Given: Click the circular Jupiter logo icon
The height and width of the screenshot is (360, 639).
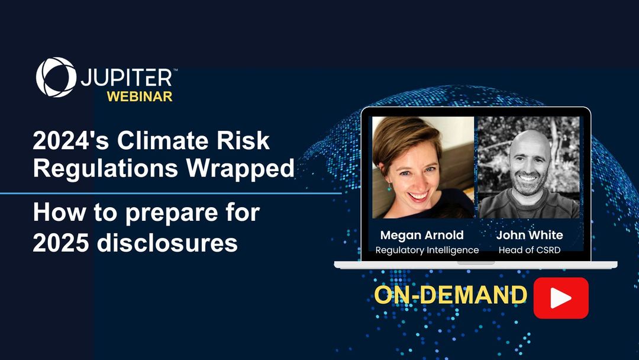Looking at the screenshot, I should pos(56,77).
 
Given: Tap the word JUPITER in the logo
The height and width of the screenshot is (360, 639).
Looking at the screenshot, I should pos(127,78).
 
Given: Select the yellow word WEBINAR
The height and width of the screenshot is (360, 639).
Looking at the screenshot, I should pos(140,97).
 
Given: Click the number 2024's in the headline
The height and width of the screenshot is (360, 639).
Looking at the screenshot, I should pos(71,141).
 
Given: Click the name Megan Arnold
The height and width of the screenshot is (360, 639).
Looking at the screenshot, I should pos(422,235).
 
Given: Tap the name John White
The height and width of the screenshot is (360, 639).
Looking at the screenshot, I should pos(530,235).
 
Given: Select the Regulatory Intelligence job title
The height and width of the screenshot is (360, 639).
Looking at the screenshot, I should pos(427,250).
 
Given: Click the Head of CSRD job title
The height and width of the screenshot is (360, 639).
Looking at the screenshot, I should pos(529,250).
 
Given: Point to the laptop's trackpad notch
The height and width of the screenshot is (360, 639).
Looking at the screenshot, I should pos(476,262).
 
